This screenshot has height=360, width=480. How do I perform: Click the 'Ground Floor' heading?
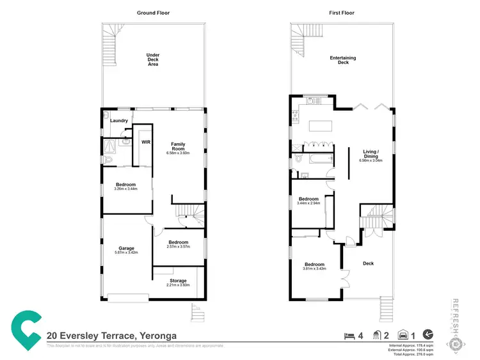154,13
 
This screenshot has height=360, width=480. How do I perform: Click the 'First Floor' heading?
342,13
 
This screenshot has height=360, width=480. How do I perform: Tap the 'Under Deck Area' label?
153,59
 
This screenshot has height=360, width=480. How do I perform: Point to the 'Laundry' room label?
119,120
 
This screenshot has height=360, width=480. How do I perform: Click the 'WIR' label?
145,142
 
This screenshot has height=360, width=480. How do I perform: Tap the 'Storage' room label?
178,281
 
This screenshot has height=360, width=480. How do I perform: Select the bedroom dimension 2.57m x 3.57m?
178,247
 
